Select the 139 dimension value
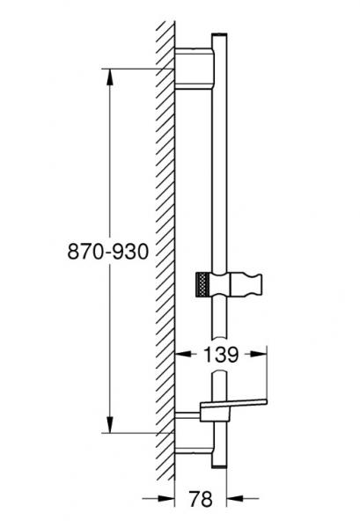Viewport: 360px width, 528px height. point(220,356)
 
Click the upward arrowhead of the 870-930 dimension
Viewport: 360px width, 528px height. point(110,76)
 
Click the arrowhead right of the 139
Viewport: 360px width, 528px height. point(261,356)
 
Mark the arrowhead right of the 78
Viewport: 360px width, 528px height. point(223,499)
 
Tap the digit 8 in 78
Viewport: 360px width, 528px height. point(209,499)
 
